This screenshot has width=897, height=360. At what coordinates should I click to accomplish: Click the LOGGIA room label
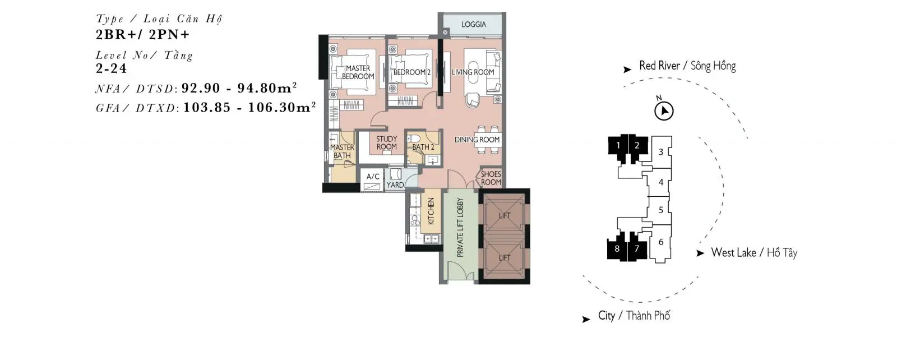click(474, 25)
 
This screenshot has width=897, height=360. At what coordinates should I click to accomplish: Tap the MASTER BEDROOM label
click(358, 72)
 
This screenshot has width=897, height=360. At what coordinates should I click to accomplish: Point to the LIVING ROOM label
click(473, 72)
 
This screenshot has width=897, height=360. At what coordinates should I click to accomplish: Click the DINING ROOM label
click(477, 140)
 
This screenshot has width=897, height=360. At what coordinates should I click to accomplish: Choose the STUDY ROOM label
click(386, 143)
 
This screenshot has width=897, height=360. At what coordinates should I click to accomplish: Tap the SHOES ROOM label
click(491, 178)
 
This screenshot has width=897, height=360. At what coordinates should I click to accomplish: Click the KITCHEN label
click(431, 211)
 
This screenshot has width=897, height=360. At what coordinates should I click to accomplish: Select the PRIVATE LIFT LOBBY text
click(460, 228)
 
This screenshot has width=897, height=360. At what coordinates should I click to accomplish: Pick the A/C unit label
click(373, 177)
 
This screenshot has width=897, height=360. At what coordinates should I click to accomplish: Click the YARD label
click(395, 185)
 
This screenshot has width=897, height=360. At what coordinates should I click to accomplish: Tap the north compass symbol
click(664, 111)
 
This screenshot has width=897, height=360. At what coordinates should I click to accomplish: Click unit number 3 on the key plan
click(661, 152)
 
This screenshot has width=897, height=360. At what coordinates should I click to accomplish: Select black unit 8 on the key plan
click(617, 248)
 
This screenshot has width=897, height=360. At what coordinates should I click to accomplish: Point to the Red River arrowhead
click(627, 70)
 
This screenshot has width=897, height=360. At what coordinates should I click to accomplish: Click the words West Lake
click(734, 253)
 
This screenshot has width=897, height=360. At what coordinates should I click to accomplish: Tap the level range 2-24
click(112, 68)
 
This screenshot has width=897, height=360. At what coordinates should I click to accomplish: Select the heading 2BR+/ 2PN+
click(142, 35)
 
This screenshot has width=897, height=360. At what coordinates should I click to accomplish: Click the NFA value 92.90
click(201, 88)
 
